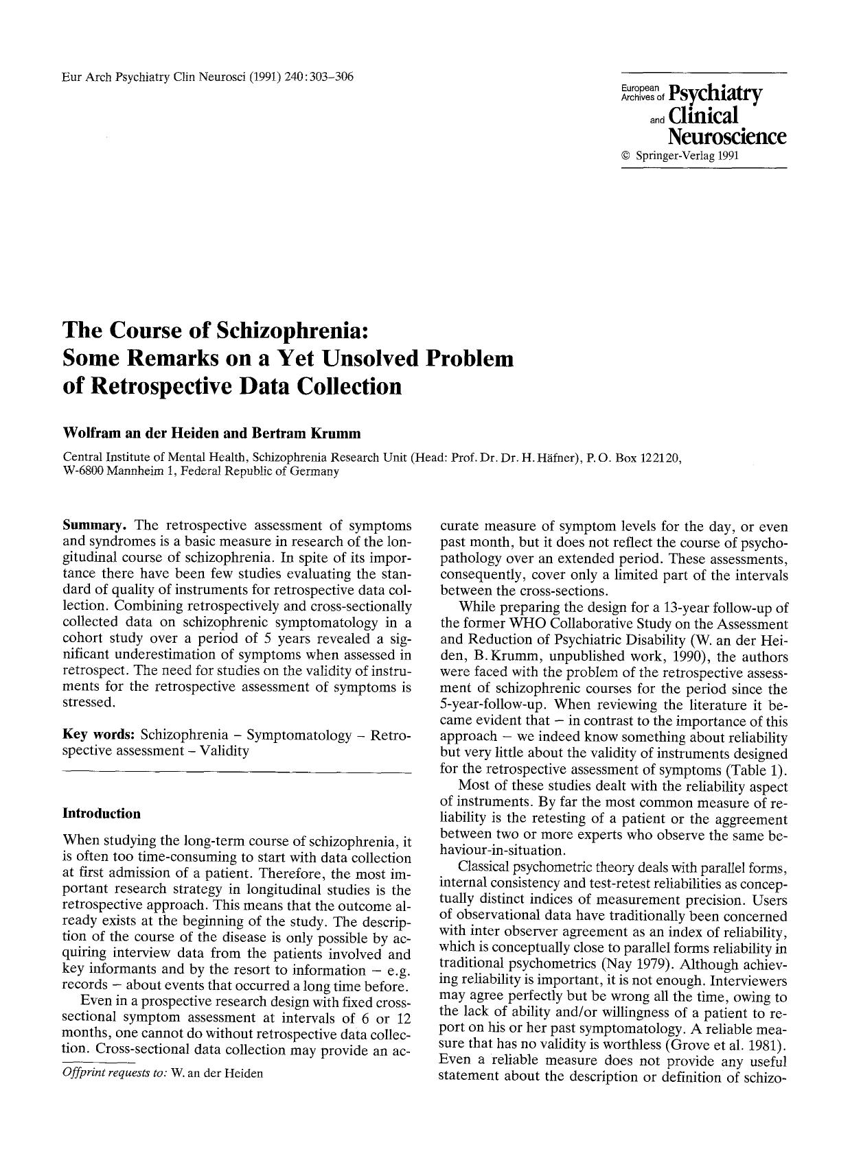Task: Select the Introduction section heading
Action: tap(102, 814)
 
